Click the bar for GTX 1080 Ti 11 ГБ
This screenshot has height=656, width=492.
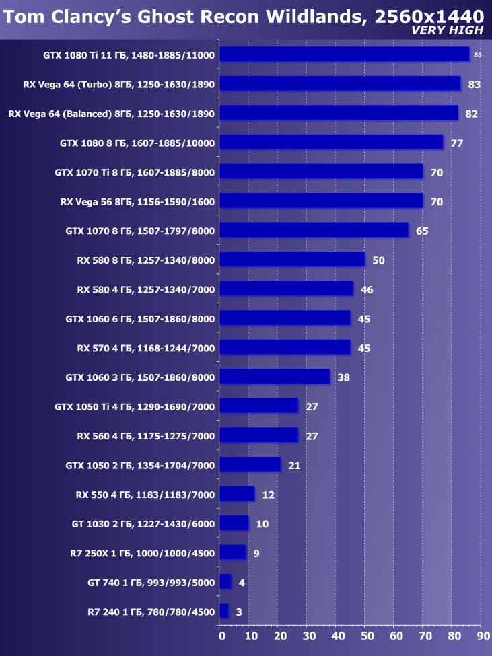pos(344,54)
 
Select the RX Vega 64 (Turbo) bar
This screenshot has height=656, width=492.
pos(340,83)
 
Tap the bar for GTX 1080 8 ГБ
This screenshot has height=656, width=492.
pos(331,142)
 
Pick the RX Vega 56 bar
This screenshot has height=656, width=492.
pos(321,201)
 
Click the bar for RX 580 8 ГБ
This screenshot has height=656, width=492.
pos(292,259)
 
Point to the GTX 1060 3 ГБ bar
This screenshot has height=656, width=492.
pos(275,377)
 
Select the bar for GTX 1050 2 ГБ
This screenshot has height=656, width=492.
pos(250,465)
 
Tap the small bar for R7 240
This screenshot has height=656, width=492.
pos(223,611)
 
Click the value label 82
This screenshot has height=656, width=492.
pos(471,114)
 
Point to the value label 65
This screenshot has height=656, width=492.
pos(422,231)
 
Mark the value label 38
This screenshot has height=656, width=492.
pos(343,377)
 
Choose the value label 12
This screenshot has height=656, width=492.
pos(268,495)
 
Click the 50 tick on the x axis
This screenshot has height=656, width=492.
pos(365,635)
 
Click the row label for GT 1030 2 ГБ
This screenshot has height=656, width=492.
pos(143,523)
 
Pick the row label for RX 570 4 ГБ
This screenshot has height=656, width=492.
pos(145,348)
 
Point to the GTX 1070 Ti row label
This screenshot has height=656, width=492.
pos(135,172)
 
